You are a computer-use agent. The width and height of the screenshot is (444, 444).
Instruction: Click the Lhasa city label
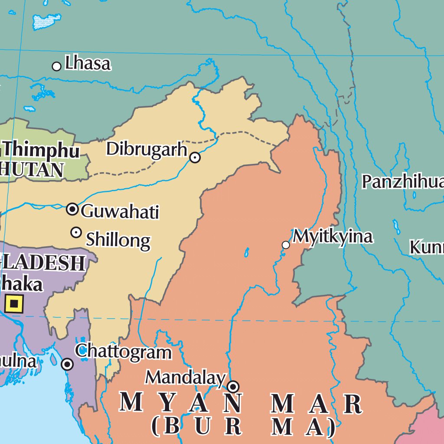(88, 64)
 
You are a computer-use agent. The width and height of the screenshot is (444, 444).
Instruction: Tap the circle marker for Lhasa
(56, 66)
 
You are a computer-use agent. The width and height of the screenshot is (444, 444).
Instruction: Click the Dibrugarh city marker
(195, 157)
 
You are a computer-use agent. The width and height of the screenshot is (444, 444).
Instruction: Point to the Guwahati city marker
(72, 209)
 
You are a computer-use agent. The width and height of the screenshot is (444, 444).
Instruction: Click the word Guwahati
(120, 212)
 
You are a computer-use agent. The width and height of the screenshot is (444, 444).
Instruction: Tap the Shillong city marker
(76, 232)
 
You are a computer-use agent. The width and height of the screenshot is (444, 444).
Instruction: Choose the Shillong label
(118, 239)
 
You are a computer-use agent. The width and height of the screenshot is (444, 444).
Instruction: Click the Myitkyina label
(333, 237)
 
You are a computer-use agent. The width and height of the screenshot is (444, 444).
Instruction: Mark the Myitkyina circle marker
(286, 245)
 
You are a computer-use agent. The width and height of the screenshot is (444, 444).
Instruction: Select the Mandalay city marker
(233, 386)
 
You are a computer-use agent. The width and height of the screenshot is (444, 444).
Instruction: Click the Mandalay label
(186, 378)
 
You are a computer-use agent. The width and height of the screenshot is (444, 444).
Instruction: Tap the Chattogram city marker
(67, 364)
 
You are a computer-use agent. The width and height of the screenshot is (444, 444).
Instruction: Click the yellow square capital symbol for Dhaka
(14, 304)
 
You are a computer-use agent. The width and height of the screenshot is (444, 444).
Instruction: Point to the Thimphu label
(41, 150)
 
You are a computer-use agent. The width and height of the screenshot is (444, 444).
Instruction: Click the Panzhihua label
(403, 182)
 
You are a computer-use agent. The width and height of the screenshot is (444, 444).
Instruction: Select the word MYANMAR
(241, 404)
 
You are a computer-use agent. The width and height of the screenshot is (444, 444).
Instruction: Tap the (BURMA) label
(243, 427)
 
